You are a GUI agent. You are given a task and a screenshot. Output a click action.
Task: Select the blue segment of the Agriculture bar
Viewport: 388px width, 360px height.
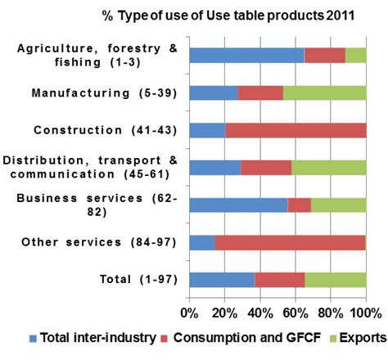pos(246,55)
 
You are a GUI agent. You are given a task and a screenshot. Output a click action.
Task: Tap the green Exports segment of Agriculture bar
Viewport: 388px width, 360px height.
pos(355,55)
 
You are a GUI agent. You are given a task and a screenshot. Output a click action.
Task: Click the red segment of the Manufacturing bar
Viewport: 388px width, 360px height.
pos(260,92)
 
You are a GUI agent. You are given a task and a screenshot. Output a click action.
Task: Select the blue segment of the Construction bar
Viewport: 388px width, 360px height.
pos(207,130)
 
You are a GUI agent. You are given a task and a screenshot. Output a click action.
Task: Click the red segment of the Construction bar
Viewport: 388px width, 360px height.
pos(296,130)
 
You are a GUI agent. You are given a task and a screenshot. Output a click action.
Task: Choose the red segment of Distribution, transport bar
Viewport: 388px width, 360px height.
pos(266,168)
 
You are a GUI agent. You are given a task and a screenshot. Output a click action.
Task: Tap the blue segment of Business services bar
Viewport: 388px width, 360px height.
pos(238,205)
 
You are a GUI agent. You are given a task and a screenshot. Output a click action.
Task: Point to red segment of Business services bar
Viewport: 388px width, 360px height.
pos(299,205)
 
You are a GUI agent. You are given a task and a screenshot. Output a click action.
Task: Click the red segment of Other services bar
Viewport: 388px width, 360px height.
pos(290,242)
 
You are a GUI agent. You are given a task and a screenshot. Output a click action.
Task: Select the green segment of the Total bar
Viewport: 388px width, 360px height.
pos(336,280)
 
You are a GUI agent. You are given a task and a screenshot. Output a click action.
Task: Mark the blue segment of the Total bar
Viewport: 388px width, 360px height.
pos(222,280)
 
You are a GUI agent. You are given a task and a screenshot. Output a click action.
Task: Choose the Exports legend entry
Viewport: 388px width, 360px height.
pos(356,337)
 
